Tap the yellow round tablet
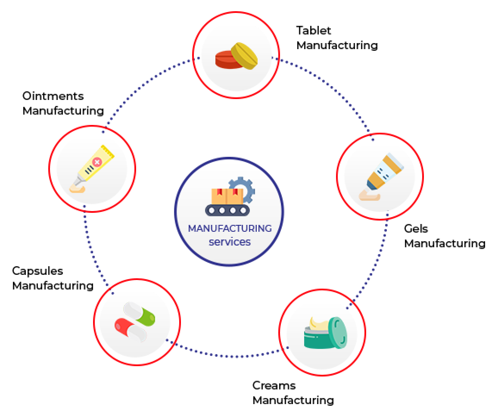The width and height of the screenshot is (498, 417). (245, 55)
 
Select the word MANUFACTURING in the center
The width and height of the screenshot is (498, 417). (230, 228)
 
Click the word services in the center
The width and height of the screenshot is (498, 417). (230, 242)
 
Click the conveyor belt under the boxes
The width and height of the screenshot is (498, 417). (227, 210)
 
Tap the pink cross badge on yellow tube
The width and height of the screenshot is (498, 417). (97, 162)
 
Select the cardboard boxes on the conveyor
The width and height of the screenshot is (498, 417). (227, 196)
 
